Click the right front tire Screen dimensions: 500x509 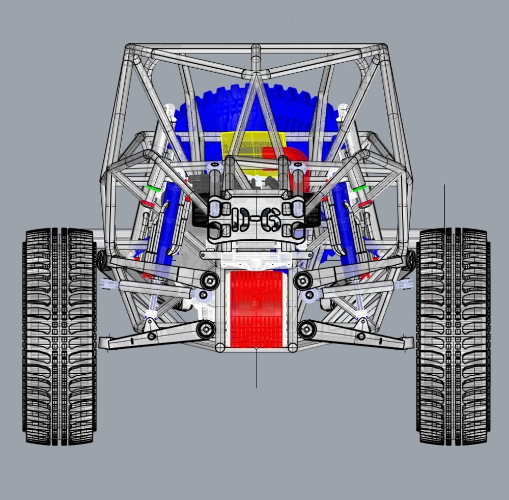click(x=452, y=336)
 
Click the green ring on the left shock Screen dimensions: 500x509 click(x=151, y=187)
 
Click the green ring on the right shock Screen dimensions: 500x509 click(x=360, y=188)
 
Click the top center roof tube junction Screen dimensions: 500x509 click(x=256, y=51)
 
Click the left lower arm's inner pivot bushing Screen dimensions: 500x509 click(x=206, y=329)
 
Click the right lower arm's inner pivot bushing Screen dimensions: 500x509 click(x=306, y=329)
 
